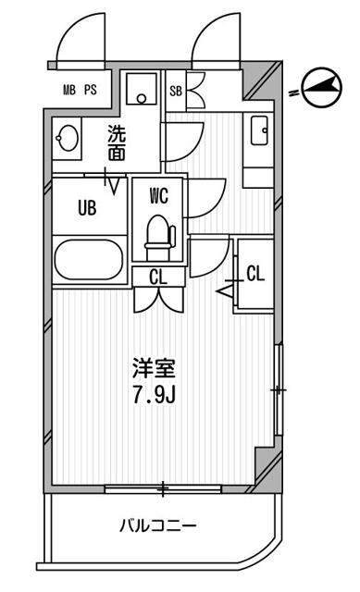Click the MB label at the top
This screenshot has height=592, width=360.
69,90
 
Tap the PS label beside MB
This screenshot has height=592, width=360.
90,90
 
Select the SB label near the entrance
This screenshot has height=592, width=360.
176,90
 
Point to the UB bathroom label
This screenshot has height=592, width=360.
87,207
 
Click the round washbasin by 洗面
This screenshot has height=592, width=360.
67,139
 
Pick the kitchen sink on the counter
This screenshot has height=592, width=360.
259,129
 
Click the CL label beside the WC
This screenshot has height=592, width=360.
157,275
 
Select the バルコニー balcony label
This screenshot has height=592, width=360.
157,526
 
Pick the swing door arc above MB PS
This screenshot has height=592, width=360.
76,42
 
